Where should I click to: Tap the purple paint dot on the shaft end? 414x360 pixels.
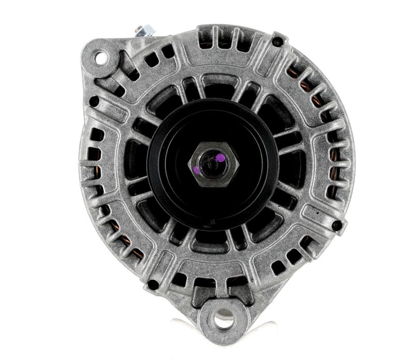pyautogui.click(x=220, y=157)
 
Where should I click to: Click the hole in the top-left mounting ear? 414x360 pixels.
pyautogui.click(x=100, y=58)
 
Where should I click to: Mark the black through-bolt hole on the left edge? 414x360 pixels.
pyautogui.click(x=94, y=101)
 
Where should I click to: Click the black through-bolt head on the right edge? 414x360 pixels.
pyautogui.click(x=337, y=225)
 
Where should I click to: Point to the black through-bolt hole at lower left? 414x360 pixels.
pyautogui.click(x=153, y=284)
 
